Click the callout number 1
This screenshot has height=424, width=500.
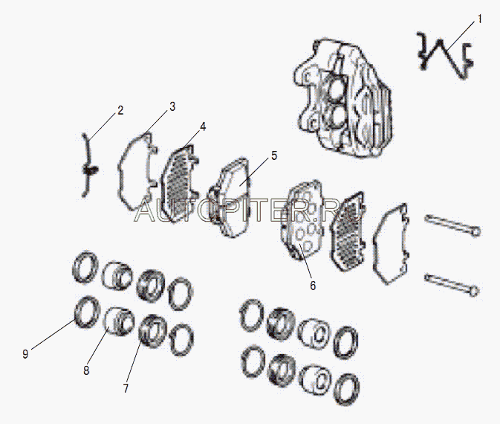point(479,19)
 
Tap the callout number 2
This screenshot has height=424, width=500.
point(120,110)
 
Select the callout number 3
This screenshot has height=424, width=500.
point(172,106)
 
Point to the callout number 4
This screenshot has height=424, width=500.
point(203,126)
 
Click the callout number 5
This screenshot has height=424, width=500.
point(274,155)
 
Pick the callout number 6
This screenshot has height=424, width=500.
point(313,286)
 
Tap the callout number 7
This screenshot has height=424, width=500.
point(126,388)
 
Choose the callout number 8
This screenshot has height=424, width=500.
point(86,370)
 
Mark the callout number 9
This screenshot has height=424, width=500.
point(25,354)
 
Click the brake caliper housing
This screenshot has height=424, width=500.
point(342,99)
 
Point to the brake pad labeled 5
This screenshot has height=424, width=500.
point(229,198)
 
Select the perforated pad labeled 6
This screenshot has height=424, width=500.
point(302,220)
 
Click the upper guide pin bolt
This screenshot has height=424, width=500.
point(452,225)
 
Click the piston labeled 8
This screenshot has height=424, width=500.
point(120,321)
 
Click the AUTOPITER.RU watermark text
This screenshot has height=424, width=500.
point(249,210)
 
